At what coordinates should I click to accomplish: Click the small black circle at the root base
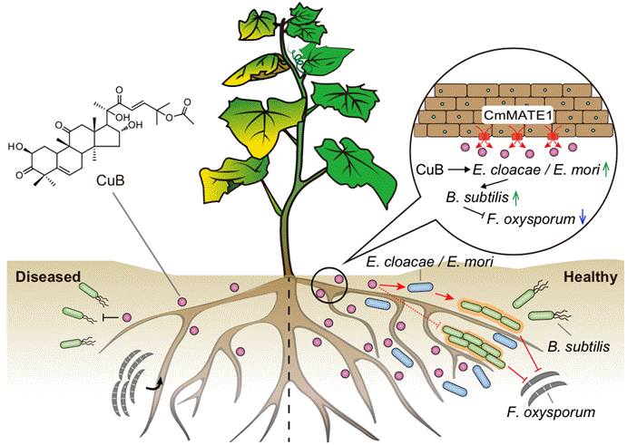[328, 282]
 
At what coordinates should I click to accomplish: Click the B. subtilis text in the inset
[475, 194]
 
